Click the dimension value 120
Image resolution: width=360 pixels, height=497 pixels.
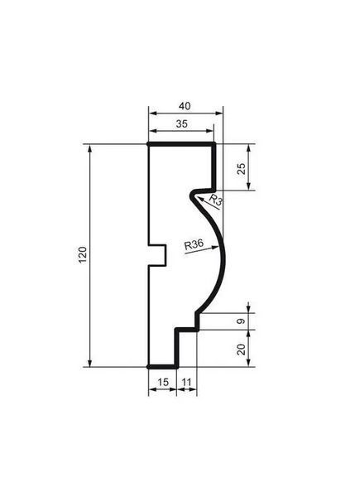pos(83,254)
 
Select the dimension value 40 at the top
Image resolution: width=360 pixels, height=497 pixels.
pos(185,106)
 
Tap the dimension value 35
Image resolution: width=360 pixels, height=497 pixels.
pos(182,124)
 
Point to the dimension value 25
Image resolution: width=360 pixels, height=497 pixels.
pos(242,168)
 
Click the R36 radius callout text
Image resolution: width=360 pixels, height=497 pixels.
pos(194,244)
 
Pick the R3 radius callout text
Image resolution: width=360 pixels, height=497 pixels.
pos(216,200)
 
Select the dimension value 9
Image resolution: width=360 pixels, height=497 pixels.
pos(242,321)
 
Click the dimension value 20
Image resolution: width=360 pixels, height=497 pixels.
pos(242,349)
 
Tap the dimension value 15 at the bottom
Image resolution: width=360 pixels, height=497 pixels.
pos(163,382)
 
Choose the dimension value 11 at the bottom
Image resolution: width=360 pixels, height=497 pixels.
pos(186,382)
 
